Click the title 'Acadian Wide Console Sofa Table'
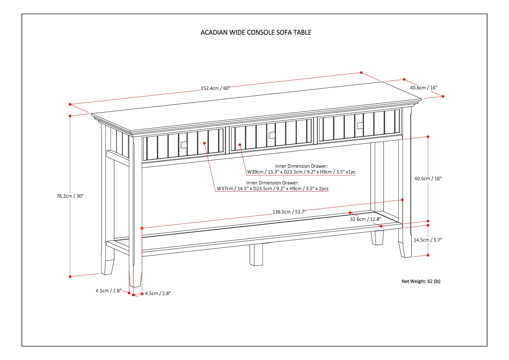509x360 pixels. pos(256,32)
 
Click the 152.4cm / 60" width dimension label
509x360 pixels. pos(215,88)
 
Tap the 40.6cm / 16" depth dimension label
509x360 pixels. pos(423,87)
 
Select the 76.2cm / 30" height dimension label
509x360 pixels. pos(70,196)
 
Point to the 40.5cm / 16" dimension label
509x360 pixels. pos(428,179)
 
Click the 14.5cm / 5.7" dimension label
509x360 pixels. pos(428,240)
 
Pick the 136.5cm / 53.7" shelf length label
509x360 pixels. pos(289,212)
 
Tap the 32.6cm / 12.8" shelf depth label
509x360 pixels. pos(365,219)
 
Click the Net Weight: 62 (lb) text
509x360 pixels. pos(421,281)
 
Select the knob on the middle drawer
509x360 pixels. pos(272,135)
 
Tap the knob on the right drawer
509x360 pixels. pos(360,125)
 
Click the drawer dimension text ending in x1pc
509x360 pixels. pos(301,172)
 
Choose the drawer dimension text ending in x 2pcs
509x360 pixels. pos(272,189)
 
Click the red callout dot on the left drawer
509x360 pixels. pos(205,143)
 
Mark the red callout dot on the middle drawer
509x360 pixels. pos(240,144)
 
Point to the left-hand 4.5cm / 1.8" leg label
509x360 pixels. pos(109,291)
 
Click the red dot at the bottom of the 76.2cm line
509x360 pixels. pos(70,277)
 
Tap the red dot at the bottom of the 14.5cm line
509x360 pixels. pos(428,255)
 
